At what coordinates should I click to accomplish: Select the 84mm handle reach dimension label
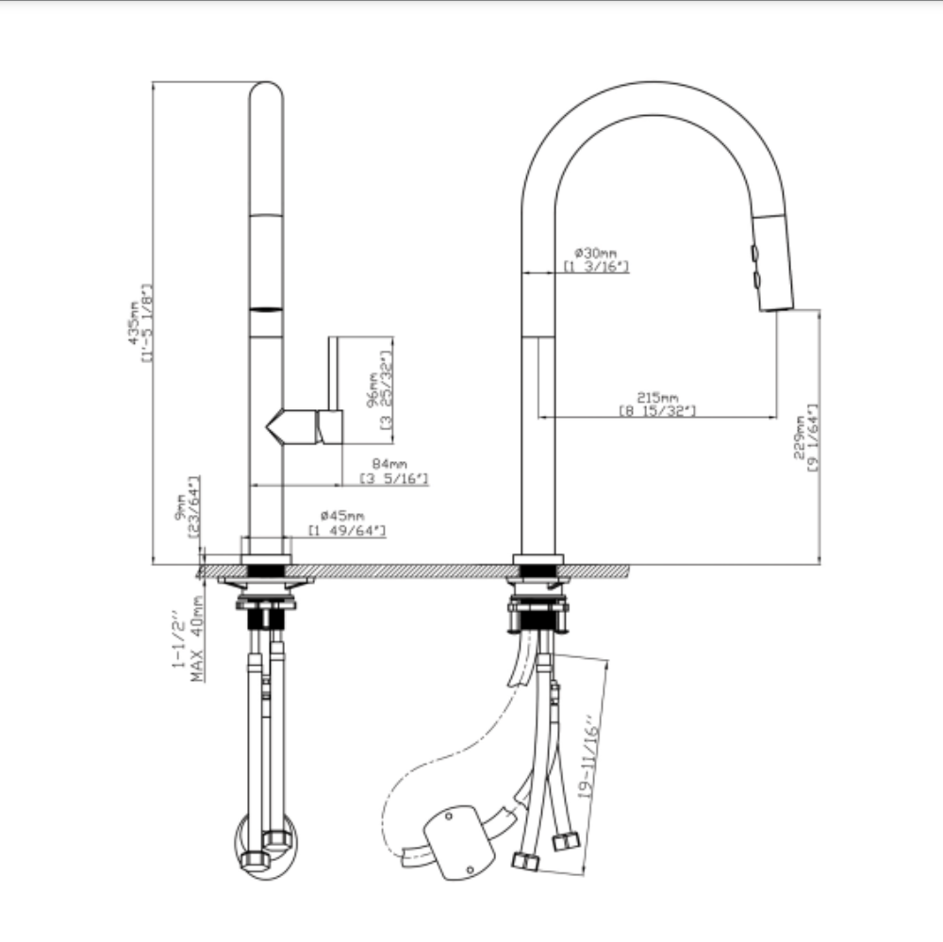coord(389,463)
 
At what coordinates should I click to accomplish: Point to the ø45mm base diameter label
coord(342,516)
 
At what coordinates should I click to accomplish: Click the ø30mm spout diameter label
coord(595,253)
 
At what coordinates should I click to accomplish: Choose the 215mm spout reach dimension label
coord(657,397)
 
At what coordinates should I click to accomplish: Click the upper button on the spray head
coord(754,253)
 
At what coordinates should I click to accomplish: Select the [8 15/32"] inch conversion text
coord(657,410)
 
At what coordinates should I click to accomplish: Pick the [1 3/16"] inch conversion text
coord(596,267)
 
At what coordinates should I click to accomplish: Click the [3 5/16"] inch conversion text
coord(394,479)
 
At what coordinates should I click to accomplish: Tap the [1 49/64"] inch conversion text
coord(347,531)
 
